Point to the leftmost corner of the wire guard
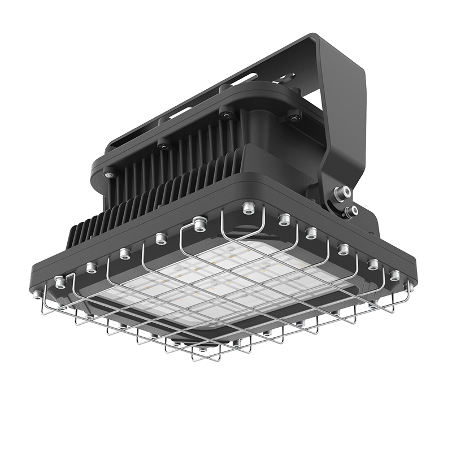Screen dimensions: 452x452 click(44, 308)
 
